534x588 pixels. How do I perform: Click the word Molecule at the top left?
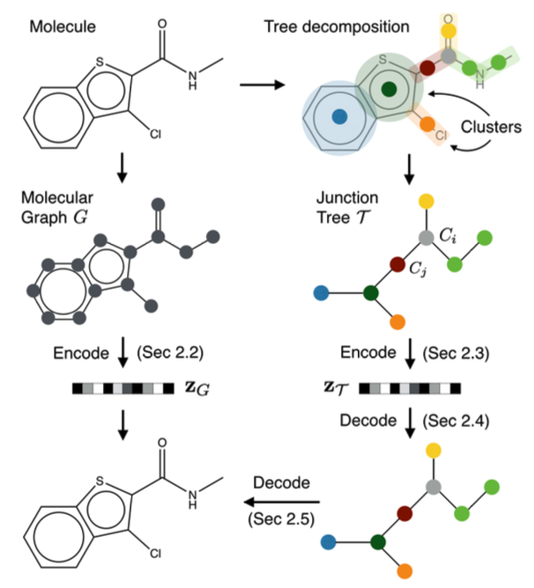[63, 26]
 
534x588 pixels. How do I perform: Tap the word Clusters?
[491, 127]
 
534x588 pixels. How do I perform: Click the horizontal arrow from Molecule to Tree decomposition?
[262, 85]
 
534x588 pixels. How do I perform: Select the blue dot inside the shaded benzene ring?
[339, 116]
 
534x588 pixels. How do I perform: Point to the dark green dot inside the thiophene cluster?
[389, 89]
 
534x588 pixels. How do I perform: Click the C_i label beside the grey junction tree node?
[448, 236]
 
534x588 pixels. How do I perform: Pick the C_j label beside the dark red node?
[418, 268]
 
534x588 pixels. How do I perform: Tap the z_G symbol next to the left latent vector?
[197, 388]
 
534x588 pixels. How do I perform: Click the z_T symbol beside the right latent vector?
[336, 388]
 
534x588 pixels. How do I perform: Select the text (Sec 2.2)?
[170, 353]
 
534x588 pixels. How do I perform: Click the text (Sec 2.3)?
[456, 353]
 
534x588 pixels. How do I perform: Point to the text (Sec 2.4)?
[456, 421]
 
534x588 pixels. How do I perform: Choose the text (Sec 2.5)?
[281, 519]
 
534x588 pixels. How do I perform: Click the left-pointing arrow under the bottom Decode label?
[282, 502]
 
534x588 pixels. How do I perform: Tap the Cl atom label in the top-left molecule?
[155, 134]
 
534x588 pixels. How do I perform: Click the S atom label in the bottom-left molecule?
[100, 481]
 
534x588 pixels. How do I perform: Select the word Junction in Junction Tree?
[347, 198]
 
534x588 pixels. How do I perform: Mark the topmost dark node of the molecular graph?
[158, 205]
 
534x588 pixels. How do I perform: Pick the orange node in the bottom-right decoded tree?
[404, 571]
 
